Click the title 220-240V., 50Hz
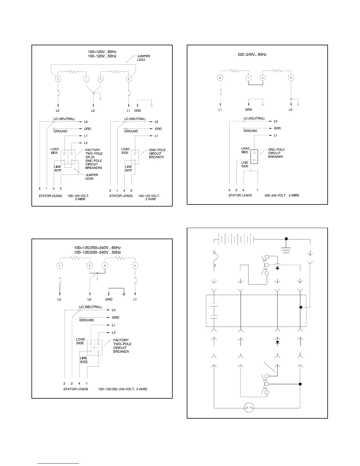point(252,54)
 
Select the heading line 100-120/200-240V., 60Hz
point(97,248)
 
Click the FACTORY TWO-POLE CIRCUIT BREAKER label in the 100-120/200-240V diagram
point(122,346)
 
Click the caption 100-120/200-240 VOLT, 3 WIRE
point(123,389)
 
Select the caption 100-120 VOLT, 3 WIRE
point(79,197)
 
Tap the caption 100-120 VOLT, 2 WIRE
point(149,197)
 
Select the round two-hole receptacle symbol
point(249,408)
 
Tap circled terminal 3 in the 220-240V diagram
point(291,78)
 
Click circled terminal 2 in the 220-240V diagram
point(220,78)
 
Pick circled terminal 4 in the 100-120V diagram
point(129,79)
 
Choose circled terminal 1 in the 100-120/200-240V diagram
point(60,266)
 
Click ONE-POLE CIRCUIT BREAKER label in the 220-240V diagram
point(276,153)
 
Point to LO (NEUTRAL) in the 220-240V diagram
point(254,118)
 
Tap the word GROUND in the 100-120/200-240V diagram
point(86,320)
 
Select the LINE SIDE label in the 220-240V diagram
point(245,164)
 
